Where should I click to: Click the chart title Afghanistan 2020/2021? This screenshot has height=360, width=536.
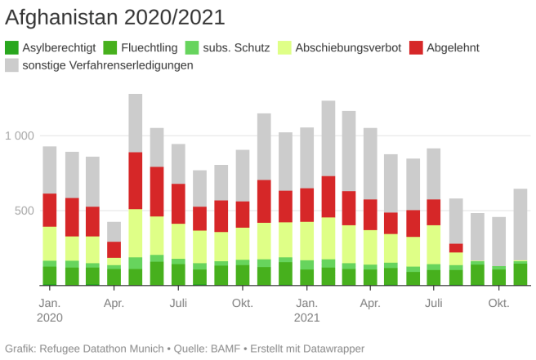pos(115,16)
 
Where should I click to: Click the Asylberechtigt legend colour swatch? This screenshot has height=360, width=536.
pos(11,47)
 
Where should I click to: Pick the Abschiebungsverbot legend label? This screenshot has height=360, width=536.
pos(348,47)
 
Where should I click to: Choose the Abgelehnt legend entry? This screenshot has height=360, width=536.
pos(453,47)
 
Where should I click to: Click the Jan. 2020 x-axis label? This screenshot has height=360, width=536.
pos(49,309)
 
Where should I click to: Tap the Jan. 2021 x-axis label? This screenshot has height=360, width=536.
pos(306,309)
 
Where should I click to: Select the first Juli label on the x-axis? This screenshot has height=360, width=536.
pos(178,303)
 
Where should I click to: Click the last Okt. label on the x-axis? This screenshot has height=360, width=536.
pos(498,303)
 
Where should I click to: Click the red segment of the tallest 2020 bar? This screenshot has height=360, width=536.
pos(136,180)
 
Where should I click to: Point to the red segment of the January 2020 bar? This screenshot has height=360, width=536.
pos(50,210)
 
